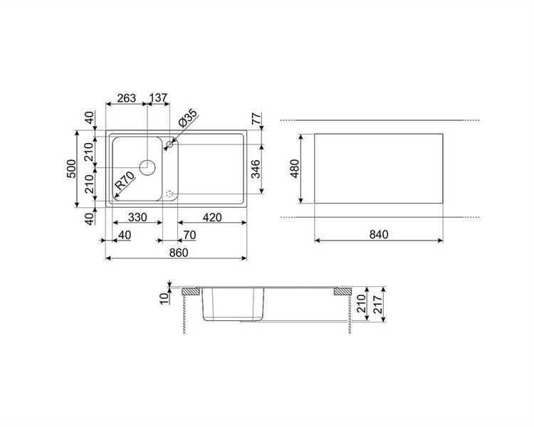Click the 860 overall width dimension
[x=179, y=253]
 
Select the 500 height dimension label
[x=71, y=169]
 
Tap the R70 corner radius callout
[x=125, y=181]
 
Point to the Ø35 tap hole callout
[x=187, y=118]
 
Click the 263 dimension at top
[x=126, y=98]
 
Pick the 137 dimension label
[x=158, y=98]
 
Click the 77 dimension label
[x=257, y=118]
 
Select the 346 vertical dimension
[x=256, y=169]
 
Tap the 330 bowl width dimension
[x=137, y=217]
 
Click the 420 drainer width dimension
[x=212, y=217]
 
